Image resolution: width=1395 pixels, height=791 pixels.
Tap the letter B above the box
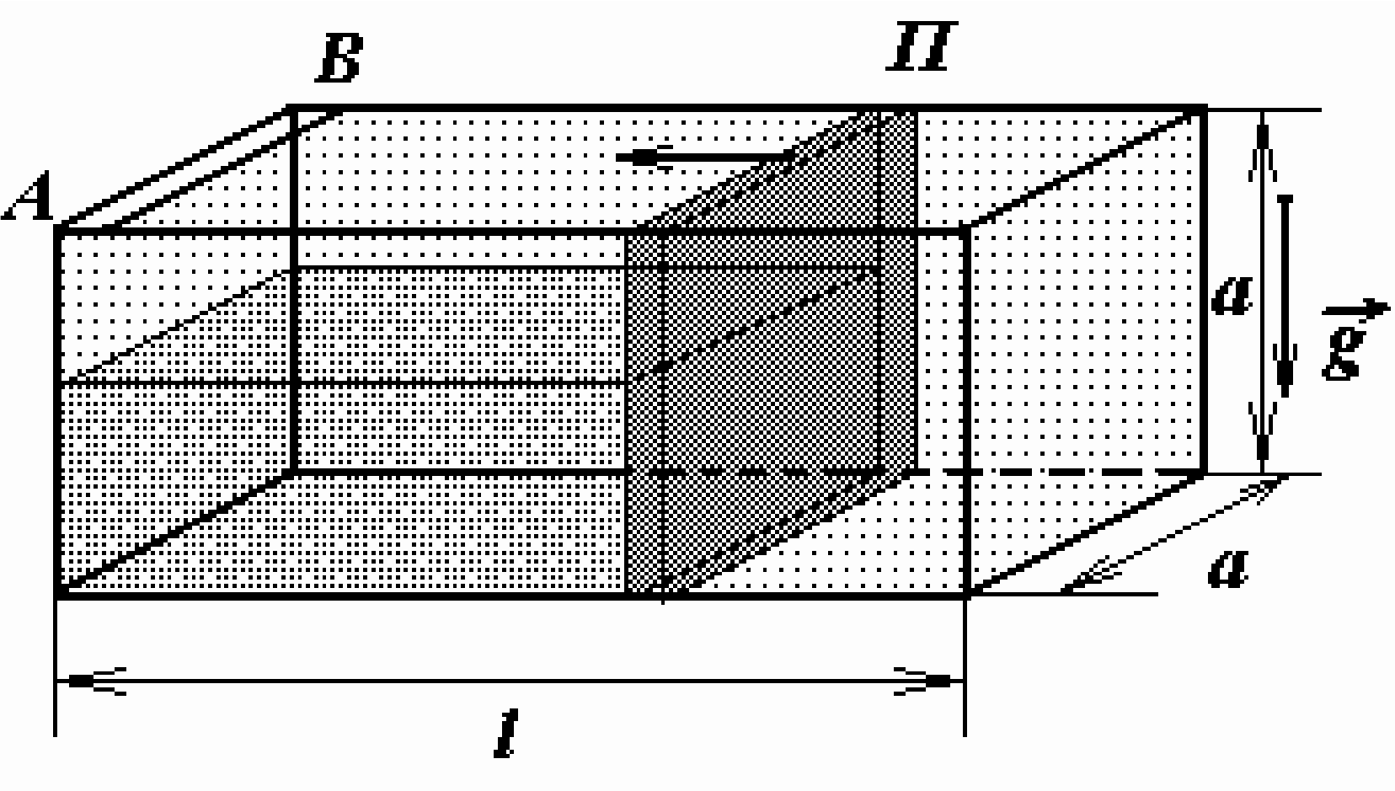tap(339, 58)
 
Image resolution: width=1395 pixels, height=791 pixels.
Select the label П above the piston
tap(921, 45)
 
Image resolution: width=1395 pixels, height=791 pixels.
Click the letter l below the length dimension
tap(506, 733)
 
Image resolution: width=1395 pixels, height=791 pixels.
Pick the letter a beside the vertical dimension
tap(1232, 297)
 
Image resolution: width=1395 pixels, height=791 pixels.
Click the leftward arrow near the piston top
tap(703, 157)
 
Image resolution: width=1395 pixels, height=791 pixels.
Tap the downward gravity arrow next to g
tap(1284, 296)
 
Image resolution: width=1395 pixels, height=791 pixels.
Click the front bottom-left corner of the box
tap(58, 595)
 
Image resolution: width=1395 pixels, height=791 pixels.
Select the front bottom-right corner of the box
tap(966, 595)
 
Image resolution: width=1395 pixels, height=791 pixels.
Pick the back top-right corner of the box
tap(1204, 109)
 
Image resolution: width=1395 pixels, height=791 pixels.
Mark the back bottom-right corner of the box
tap(1204, 472)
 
